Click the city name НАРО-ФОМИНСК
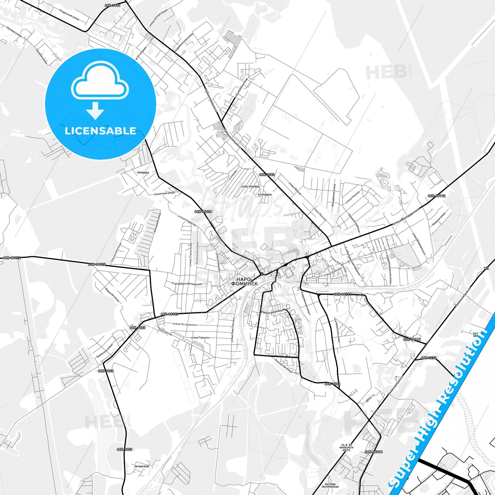click(245, 281)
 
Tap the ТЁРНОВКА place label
click(143, 173)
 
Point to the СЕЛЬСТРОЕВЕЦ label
click(250, 186)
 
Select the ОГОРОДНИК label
click(264, 195)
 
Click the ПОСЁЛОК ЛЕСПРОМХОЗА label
click(330, 486)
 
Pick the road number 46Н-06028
click(203, 211)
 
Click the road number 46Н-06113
click(169, 314)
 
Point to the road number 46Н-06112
click(436, 196)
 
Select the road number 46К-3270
click(429, 358)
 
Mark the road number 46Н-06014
click(374, 451)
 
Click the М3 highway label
click(486, 269)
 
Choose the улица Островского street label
click(185, 324)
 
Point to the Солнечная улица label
click(164, 194)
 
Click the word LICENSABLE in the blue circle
click(100, 131)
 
